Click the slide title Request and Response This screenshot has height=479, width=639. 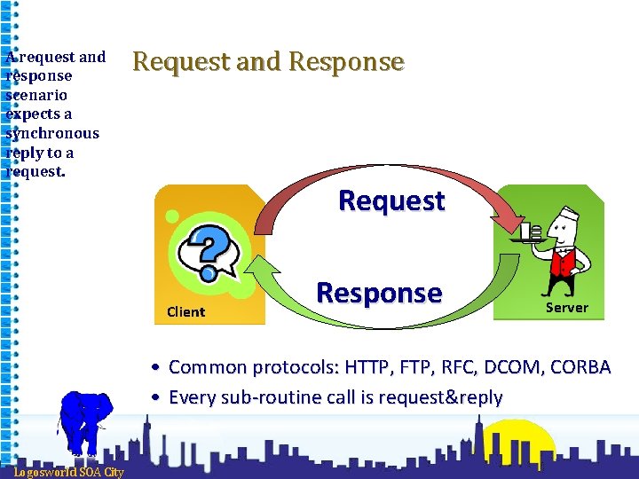[268, 62]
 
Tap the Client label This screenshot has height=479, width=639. [185, 311]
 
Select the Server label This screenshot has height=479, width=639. [566, 307]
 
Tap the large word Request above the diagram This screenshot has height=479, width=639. [391, 200]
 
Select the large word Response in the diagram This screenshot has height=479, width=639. [379, 293]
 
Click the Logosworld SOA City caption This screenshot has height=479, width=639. [68, 472]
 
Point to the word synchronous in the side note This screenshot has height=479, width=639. [52, 133]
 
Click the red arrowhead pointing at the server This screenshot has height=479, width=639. [516, 218]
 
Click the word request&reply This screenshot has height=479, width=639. [441, 397]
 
